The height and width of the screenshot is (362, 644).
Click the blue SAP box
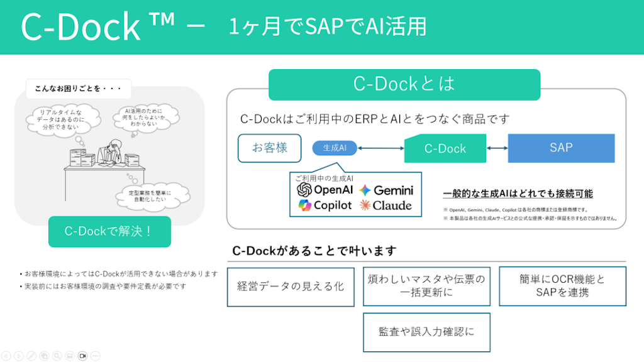(x=561, y=148)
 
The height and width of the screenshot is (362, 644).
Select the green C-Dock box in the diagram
(x=445, y=149)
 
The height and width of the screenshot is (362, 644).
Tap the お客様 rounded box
(x=270, y=148)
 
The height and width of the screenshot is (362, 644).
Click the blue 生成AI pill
(x=335, y=148)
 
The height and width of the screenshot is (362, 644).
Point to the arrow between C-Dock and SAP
(x=497, y=148)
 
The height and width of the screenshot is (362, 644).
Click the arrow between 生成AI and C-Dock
(x=380, y=148)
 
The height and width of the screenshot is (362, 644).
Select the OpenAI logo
(x=305, y=189)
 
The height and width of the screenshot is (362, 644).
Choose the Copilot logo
(x=305, y=206)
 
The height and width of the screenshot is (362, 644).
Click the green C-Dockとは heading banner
(x=404, y=84)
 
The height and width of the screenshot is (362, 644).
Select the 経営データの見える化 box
(x=291, y=287)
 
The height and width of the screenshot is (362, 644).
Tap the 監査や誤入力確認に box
(x=426, y=332)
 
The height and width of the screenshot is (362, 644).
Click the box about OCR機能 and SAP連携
(x=562, y=287)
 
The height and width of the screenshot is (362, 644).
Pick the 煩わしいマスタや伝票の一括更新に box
(x=426, y=287)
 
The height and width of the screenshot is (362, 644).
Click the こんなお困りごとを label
(x=79, y=89)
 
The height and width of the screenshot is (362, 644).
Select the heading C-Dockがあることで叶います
(x=314, y=251)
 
